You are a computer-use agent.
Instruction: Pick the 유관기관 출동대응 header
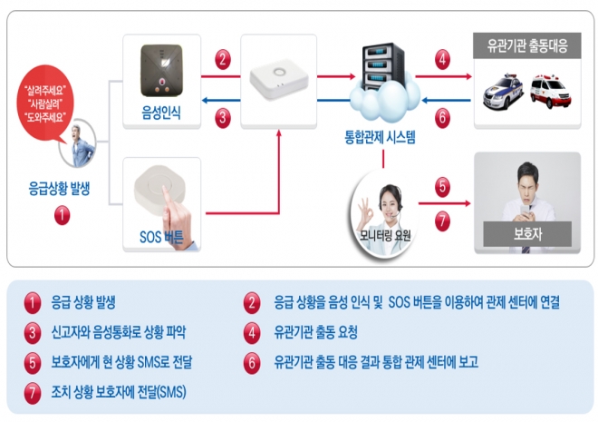click(527, 45)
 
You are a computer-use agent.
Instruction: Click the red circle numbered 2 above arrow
click(223, 62)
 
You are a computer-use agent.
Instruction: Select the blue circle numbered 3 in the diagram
click(223, 117)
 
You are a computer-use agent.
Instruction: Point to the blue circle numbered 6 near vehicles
click(442, 117)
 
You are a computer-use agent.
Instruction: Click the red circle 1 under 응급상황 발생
click(61, 216)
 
